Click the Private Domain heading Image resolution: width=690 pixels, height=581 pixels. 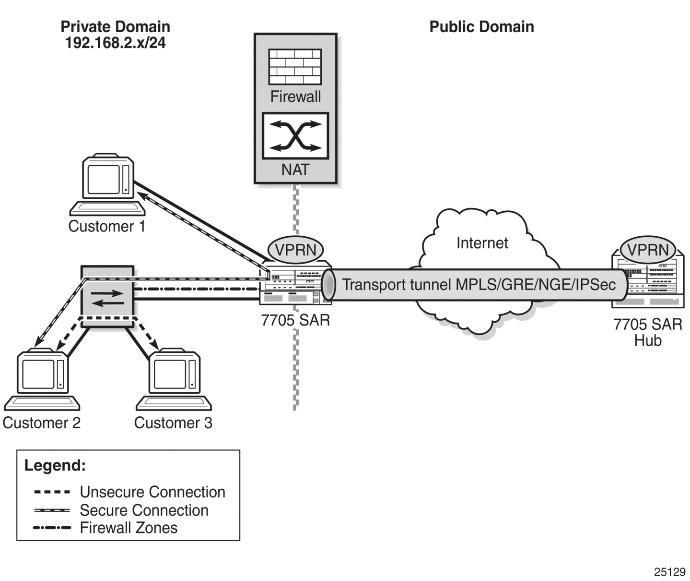coord(116,27)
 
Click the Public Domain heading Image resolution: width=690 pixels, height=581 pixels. coord(481,27)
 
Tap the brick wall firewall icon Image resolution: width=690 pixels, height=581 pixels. coord(295,67)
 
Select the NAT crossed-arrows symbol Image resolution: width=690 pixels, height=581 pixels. coord(295,136)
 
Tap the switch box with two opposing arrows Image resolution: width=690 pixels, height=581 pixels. coord(108,296)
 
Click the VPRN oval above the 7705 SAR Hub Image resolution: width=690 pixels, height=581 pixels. coord(648,250)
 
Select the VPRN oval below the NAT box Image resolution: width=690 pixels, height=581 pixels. coord(295,250)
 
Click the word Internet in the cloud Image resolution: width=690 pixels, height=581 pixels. coord(482,243)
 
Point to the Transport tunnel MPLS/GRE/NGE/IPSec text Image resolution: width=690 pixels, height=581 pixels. coord(479,285)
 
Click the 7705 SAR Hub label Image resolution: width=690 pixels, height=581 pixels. coord(648,332)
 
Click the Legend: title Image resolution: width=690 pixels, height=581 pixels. coord(55,465)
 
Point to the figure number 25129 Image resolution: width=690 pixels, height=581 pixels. coord(670,572)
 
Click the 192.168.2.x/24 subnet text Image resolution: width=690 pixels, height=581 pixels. coord(116,43)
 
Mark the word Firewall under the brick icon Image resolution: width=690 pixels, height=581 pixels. coord(295,97)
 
